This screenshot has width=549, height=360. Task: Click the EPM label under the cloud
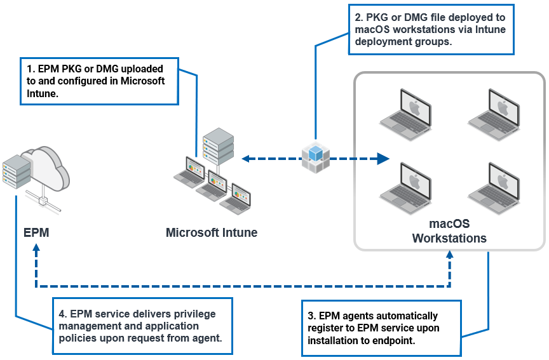(x=36, y=233)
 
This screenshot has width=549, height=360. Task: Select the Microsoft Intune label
(x=212, y=232)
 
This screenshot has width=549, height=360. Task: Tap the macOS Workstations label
(x=449, y=231)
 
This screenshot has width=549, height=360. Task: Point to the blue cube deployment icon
(x=315, y=156)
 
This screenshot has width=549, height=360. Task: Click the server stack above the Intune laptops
(x=218, y=145)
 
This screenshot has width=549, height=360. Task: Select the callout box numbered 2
(x=431, y=30)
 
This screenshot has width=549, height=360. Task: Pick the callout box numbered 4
(x=142, y=326)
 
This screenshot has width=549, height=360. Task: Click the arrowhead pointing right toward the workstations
(x=383, y=158)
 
